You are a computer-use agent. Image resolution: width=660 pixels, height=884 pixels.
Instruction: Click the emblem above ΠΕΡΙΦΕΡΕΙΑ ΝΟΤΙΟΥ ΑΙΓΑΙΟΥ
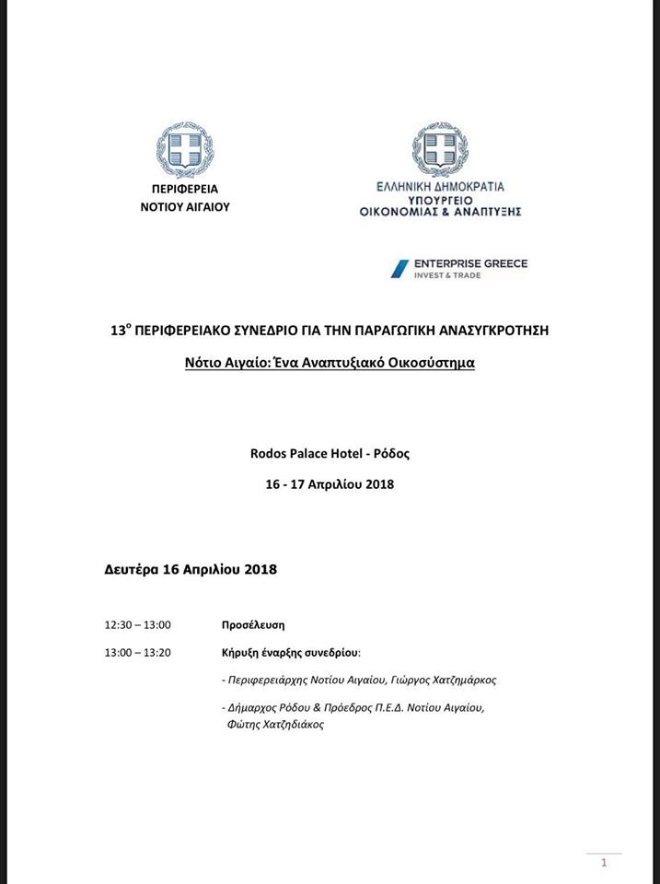(184, 150)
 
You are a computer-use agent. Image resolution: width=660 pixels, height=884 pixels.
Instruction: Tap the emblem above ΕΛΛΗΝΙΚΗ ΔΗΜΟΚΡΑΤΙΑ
(440, 149)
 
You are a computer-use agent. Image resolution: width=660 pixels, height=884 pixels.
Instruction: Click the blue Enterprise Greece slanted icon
(399, 268)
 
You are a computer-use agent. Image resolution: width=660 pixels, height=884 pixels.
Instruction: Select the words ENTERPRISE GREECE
(472, 263)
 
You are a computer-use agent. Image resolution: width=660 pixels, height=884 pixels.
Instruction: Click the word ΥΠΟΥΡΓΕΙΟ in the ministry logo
(440, 198)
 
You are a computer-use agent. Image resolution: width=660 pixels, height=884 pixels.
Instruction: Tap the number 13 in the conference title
(117, 330)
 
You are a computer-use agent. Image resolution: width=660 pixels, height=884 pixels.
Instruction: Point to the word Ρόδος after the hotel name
(390, 453)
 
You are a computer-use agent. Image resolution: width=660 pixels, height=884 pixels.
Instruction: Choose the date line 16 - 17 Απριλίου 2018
(330, 483)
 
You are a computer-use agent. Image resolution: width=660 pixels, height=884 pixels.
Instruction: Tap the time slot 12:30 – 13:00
(138, 624)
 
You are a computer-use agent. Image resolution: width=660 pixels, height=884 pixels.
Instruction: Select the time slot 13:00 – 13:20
(138, 653)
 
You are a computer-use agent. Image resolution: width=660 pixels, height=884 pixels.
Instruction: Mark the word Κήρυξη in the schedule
(242, 653)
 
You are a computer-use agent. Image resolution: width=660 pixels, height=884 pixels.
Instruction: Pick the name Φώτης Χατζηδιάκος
(275, 725)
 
